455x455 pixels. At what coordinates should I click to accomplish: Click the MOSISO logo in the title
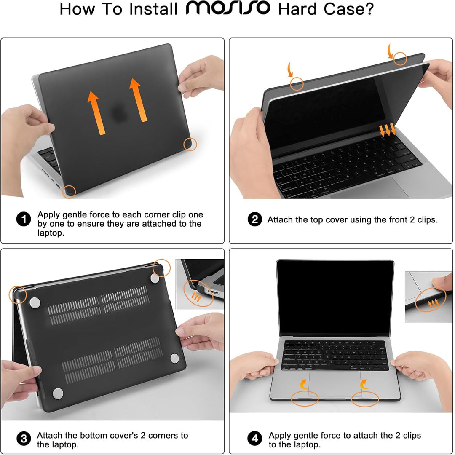click(228, 8)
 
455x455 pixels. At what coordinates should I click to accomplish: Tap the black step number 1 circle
click(24, 219)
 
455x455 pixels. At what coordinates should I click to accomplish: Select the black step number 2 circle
click(255, 219)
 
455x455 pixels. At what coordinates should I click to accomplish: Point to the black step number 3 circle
click(24, 439)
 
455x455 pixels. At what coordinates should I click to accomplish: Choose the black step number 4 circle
click(255, 439)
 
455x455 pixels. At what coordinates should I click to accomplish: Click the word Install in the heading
click(153, 9)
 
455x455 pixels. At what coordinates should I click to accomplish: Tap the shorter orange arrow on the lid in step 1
click(96, 113)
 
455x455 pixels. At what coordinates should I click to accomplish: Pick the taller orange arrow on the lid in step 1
click(138, 100)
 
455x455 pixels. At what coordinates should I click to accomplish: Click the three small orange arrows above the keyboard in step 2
click(388, 130)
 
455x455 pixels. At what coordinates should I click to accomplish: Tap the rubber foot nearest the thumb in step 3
click(175, 358)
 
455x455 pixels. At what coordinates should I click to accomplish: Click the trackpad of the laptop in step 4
click(335, 384)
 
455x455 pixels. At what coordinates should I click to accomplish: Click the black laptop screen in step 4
click(335, 298)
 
